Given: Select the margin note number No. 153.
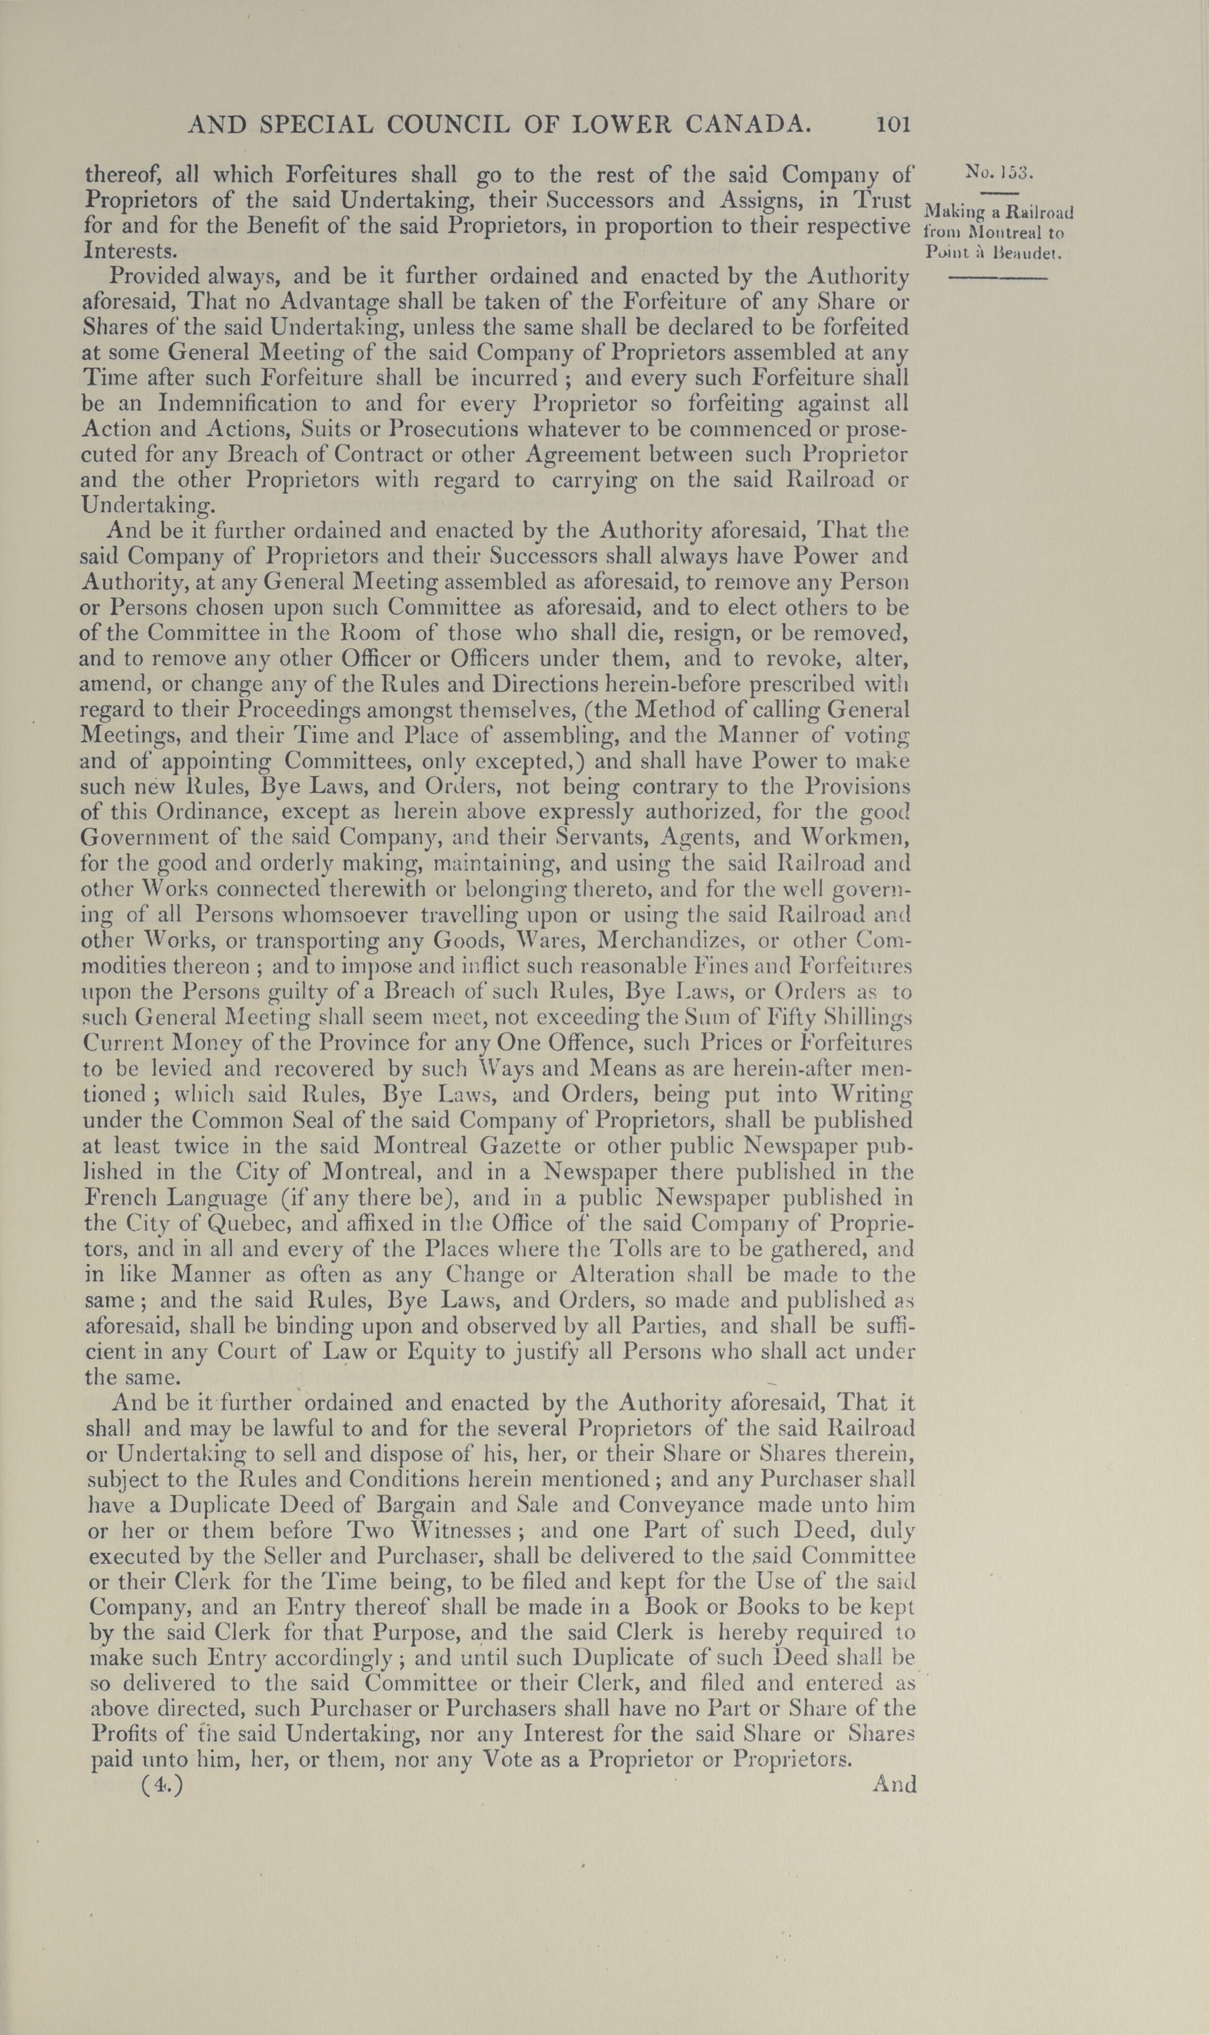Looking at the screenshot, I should [999, 173].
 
